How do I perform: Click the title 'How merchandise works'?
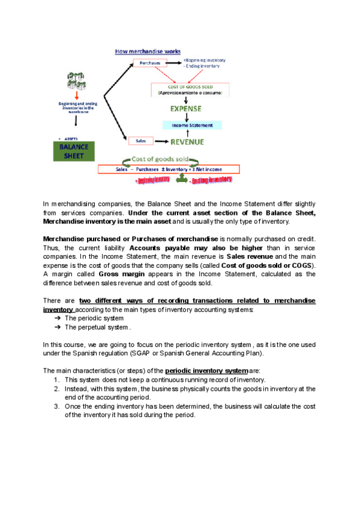(148, 52)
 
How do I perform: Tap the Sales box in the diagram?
(139, 141)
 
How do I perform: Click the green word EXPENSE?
(185, 109)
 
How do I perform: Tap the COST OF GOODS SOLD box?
(187, 89)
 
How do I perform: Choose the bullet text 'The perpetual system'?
(96, 327)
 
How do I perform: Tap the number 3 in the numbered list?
(56, 408)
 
